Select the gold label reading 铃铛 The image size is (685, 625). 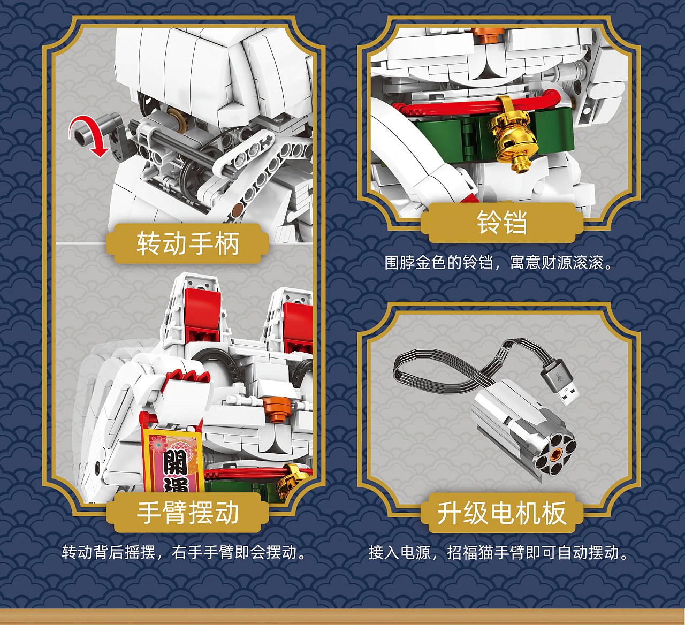coord(501,223)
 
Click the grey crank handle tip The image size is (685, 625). coord(81,134)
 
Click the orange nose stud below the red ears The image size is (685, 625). coord(277,407)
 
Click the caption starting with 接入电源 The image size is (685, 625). coord(499,552)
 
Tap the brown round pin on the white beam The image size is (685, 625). coord(237,211)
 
